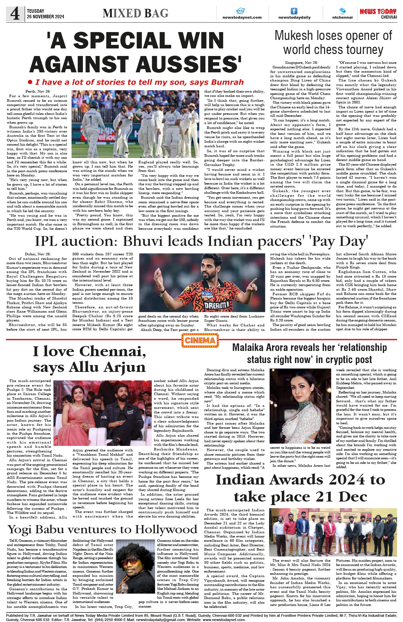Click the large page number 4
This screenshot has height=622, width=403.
tap(15, 14)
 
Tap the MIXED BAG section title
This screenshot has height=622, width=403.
tap(135, 13)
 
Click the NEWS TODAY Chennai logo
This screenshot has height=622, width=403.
tap(378, 13)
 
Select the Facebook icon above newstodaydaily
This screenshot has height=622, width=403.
tap(294, 11)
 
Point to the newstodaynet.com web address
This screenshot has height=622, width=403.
tap(242, 17)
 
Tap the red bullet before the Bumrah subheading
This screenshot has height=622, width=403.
tap(30, 82)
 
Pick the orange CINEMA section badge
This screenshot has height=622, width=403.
tap(200, 340)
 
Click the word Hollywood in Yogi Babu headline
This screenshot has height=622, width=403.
tap(166, 530)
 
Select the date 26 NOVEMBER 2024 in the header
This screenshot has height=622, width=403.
tap(46, 17)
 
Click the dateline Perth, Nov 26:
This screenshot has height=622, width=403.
tap(38, 92)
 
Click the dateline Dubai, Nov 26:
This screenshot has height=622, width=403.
tap(38, 254)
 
